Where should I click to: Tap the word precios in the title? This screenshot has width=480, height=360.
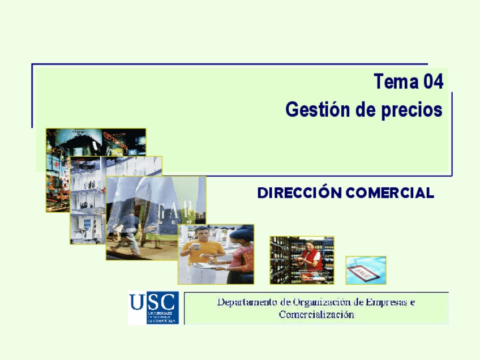409,109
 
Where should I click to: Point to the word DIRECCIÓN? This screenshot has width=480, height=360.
299,193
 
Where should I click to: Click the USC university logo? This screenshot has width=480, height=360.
153,307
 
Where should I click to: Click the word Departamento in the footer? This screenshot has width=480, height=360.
248,302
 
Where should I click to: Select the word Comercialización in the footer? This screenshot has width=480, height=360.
316,315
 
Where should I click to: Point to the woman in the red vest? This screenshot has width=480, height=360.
312,259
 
